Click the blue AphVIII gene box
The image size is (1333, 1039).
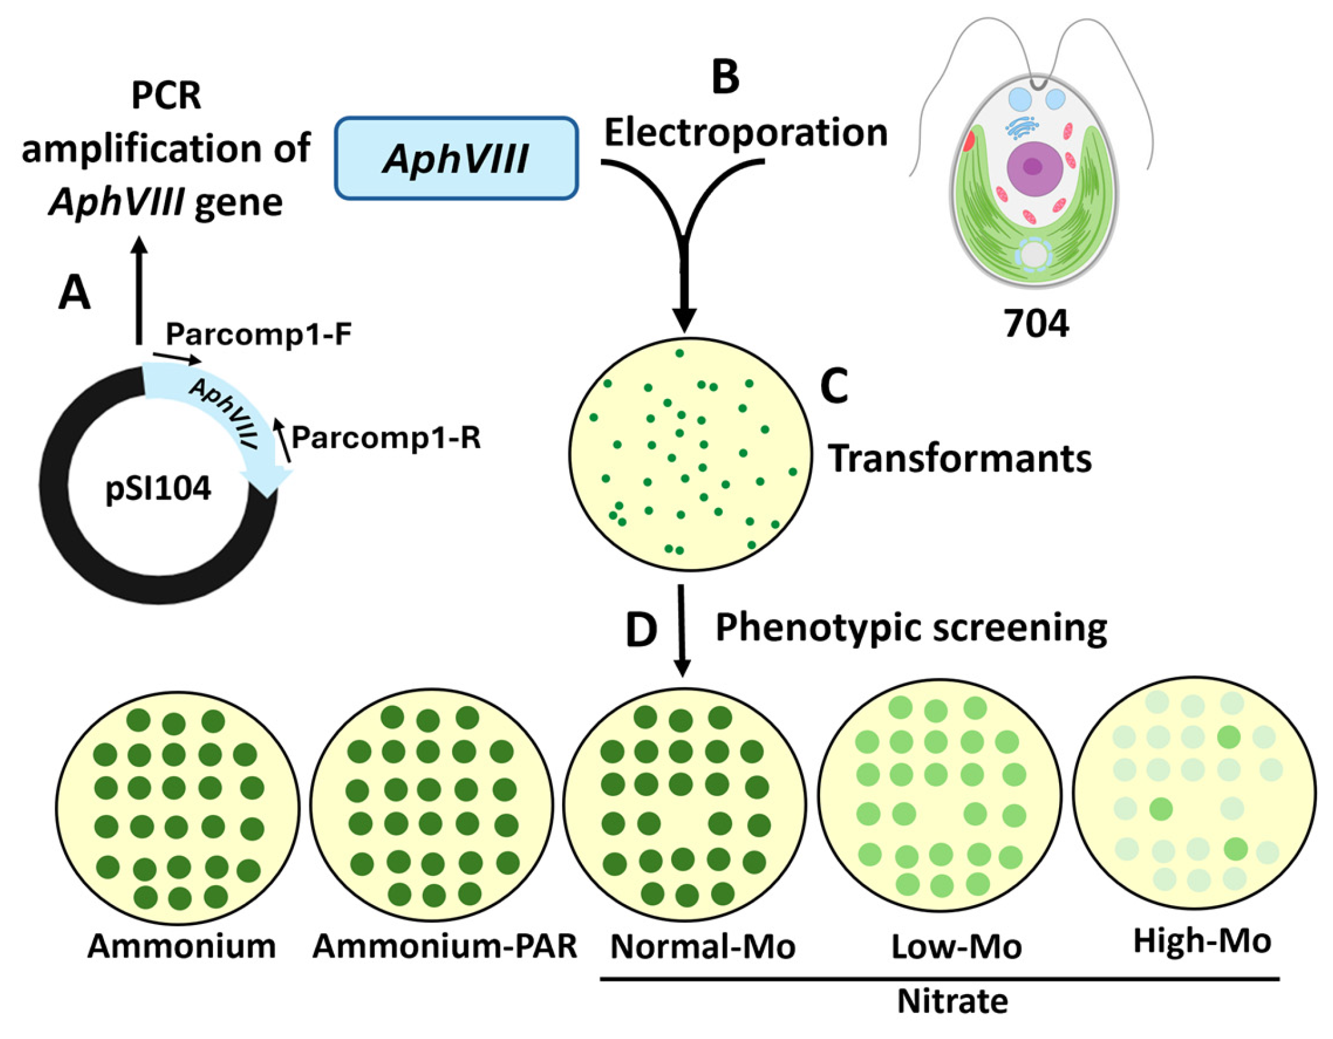[x=456, y=158]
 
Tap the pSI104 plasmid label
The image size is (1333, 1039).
[x=158, y=489]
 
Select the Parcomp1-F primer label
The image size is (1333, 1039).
[x=258, y=334]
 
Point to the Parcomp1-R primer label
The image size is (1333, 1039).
[x=386, y=438]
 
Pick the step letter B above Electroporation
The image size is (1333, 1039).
[x=725, y=77]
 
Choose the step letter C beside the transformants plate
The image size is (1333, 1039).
[x=834, y=386]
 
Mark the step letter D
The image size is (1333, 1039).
[x=641, y=630]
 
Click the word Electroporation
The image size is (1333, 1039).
[x=745, y=133]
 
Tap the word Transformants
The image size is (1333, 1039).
[x=959, y=459]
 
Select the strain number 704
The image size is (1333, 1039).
[x=1036, y=324]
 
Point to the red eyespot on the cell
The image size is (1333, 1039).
[x=969, y=141]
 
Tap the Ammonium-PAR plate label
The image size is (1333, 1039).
[x=445, y=946]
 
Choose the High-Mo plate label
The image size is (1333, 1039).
[x=1202, y=941]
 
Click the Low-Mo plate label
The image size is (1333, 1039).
[x=956, y=947]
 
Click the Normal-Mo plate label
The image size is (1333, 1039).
[x=702, y=947]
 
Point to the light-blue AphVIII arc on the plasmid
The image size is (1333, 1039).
[x=224, y=411]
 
